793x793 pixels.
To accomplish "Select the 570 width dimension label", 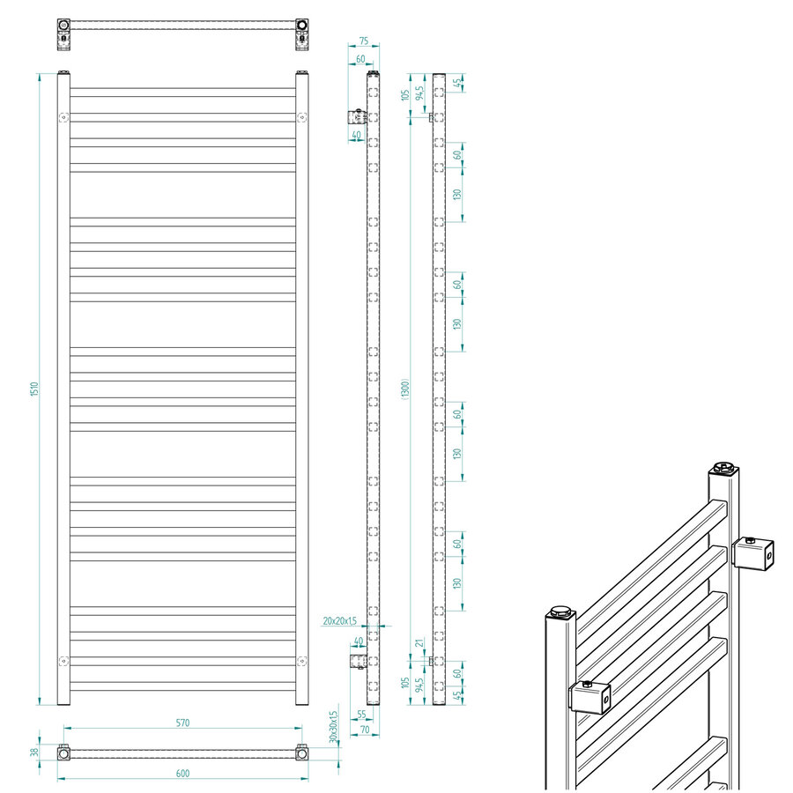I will pos(182,723).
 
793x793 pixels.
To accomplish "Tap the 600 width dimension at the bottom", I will pos(182,774).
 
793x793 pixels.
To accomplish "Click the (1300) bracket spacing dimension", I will pos(404,388).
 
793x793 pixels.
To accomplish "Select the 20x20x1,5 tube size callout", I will pos(340,620).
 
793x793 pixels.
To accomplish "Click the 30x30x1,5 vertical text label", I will pos(334,728).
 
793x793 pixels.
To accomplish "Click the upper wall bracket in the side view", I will pos(356,116).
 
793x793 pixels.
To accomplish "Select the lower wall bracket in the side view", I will pos(356,660).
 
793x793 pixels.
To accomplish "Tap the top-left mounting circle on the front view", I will pos(63,117).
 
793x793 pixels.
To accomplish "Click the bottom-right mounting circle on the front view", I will pos(302,661).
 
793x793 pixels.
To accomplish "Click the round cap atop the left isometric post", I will pos(560,610).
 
